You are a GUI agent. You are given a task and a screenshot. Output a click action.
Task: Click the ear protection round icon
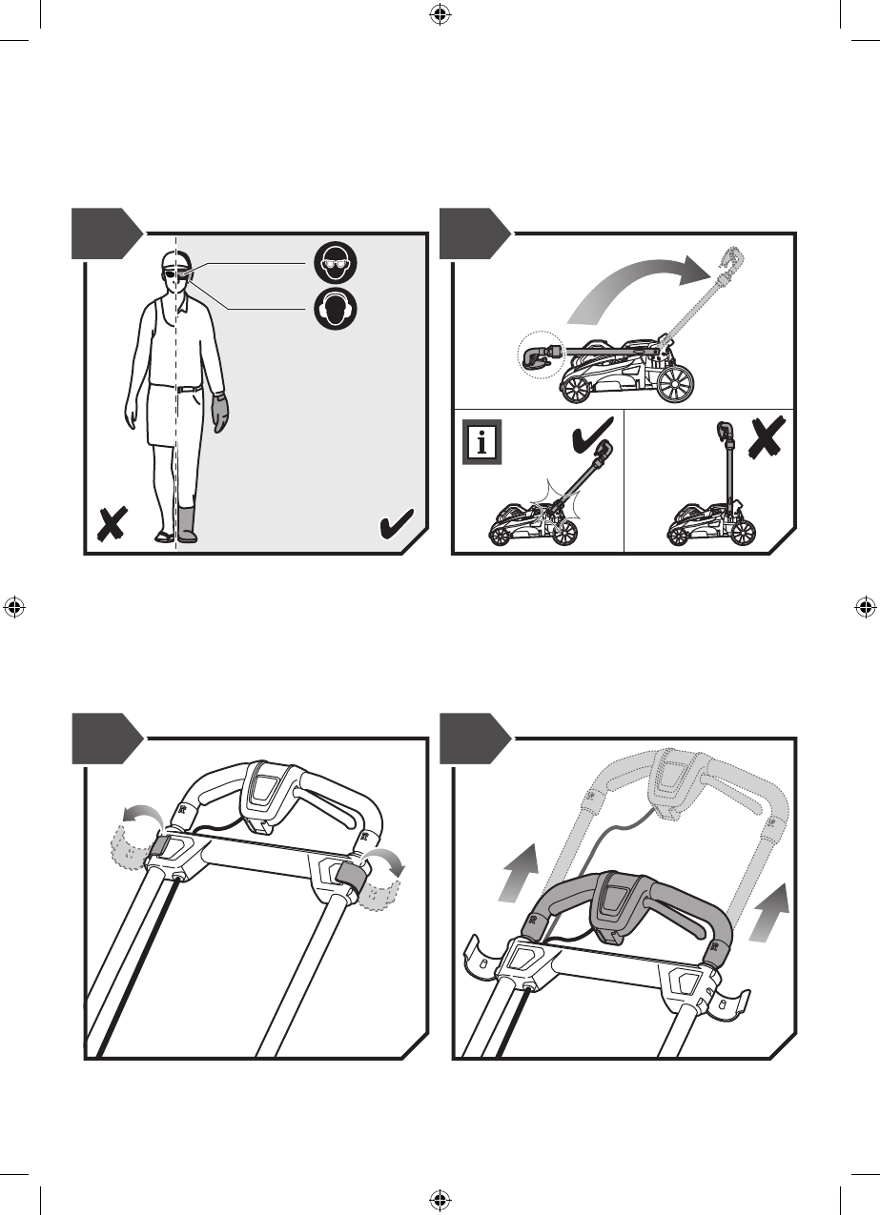336,309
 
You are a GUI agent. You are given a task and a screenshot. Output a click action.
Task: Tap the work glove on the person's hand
220,412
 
